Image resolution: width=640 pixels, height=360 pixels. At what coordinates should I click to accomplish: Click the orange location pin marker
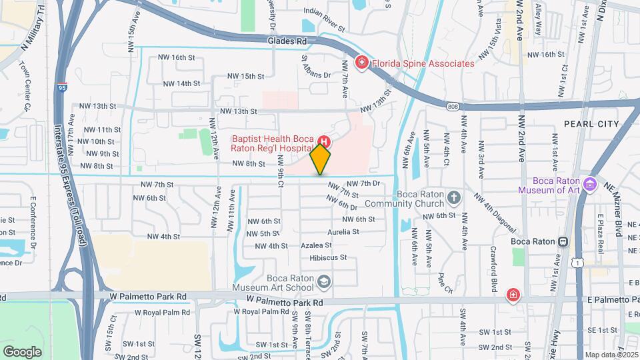tap(321, 159)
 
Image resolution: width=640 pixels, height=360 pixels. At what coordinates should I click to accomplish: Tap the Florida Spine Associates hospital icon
tap(362, 63)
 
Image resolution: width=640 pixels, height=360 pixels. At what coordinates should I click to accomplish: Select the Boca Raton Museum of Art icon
tap(589, 184)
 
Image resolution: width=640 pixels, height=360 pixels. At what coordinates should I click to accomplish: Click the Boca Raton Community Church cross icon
tap(453, 197)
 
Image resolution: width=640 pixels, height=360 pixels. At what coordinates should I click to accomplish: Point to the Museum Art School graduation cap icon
tap(323, 283)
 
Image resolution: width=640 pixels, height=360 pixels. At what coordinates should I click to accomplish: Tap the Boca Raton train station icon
tap(563, 241)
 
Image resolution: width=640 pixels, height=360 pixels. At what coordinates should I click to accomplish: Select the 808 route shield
tap(453, 106)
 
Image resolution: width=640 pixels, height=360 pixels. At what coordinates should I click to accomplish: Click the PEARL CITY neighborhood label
tap(591, 124)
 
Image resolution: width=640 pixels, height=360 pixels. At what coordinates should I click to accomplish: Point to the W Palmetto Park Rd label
tap(285, 302)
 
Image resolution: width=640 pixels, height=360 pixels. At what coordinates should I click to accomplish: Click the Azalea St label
tap(317, 245)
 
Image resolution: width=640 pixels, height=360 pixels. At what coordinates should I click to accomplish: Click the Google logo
tap(23, 351)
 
